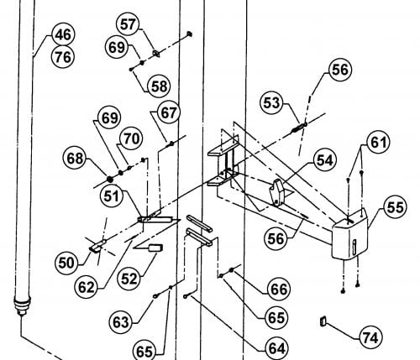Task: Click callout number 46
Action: (64, 34)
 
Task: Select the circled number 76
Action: (64, 57)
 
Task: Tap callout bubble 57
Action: (128, 24)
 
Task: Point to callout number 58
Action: (159, 86)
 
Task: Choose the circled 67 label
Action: (168, 112)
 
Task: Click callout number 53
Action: (271, 103)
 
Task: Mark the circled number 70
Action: (131, 138)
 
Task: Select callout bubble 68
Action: (75, 159)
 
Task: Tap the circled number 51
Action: (112, 196)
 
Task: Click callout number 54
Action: (324, 160)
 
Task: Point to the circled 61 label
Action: (378, 142)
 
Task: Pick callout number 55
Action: (395, 207)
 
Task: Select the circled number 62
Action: (87, 287)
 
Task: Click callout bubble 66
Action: (279, 289)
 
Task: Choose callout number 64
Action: (276, 348)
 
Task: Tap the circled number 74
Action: (371, 337)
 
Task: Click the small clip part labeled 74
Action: (323, 321)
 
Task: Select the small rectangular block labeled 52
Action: (155, 248)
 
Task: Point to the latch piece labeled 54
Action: (277, 192)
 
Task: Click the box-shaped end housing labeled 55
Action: (349, 234)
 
